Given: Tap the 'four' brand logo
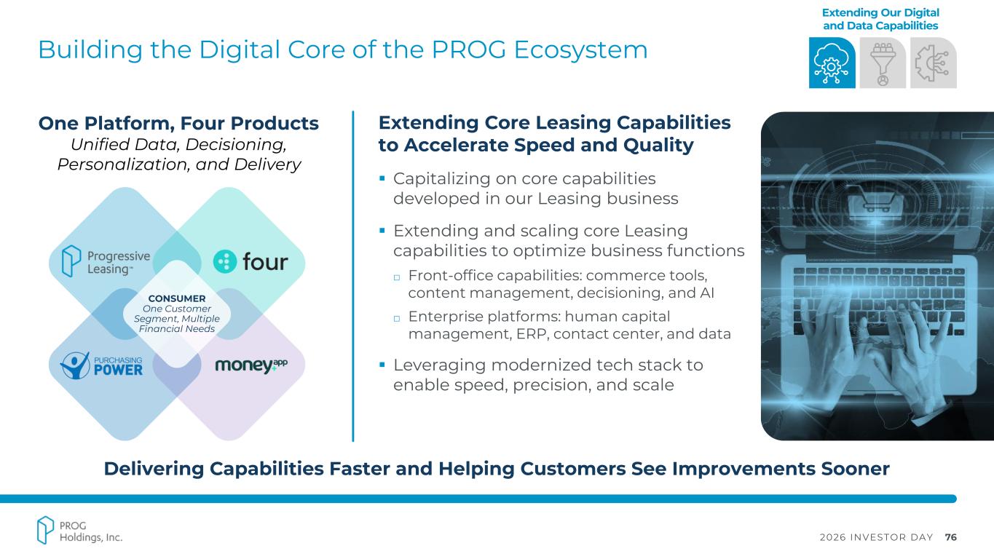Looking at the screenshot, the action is [251, 261].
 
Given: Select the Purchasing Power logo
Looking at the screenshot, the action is [102, 366].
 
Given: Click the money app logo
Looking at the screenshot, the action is [251, 365].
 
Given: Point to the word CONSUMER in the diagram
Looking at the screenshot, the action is [177, 298].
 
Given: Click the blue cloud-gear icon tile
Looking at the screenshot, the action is [832, 63].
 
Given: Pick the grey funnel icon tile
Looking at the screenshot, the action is [883, 63].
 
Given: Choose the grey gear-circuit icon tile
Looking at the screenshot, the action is [934, 63].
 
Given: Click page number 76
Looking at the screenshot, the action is [950, 537].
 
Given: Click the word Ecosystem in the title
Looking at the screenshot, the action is [581, 49].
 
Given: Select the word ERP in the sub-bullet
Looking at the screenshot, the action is [531, 333].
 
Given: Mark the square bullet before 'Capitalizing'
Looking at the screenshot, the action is [382, 178].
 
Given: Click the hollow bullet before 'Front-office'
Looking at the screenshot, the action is [397, 278].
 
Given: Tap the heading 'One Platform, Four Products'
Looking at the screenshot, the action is [178, 123].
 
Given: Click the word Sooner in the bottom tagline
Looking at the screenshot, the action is [855, 469].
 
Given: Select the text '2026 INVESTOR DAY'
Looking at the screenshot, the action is [877, 537].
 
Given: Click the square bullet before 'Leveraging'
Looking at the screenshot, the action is [382, 365].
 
